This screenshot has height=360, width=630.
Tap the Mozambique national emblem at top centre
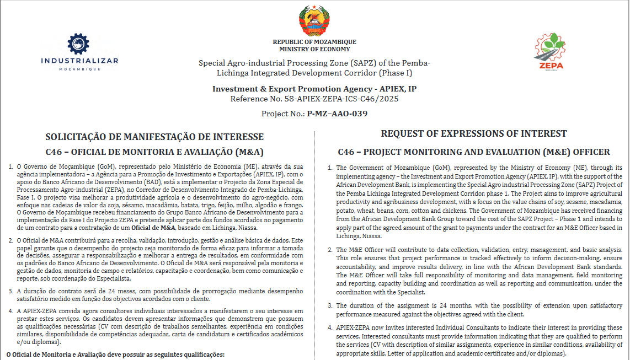point(314,22)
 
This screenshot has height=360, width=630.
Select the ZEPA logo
point(549,52)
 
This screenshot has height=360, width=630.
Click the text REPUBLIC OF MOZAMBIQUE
point(314,42)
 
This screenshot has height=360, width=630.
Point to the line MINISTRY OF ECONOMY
point(314,50)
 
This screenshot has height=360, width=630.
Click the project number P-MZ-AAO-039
point(337,114)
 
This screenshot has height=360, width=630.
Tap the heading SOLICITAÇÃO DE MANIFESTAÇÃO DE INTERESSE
point(154,137)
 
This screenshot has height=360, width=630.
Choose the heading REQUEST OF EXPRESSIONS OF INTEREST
point(474,133)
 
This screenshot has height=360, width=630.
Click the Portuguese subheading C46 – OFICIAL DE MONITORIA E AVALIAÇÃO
point(154,152)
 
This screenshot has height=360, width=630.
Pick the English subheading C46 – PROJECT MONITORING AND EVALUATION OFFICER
point(474,152)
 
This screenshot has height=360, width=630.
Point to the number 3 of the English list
point(330,305)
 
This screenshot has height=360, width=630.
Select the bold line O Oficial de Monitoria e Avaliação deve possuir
point(116,354)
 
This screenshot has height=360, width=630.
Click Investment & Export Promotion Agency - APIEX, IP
point(314,89)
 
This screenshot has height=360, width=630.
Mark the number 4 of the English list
point(330,327)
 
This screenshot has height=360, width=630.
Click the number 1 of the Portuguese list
point(11,166)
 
